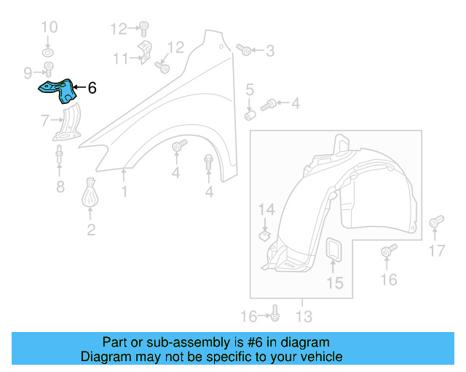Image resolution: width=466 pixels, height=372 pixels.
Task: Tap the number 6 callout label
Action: pyautogui.click(x=92, y=89)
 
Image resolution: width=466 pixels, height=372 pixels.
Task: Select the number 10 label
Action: pyautogui.click(x=48, y=28)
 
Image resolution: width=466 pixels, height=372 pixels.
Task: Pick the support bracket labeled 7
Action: pyautogui.click(x=68, y=124)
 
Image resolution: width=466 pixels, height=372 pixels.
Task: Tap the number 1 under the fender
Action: pyautogui.click(x=124, y=192)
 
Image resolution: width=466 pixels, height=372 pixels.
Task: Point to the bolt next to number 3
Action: pyautogui.click(x=245, y=50)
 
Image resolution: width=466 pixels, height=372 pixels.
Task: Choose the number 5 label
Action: pyautogui.click(x=249, y=90)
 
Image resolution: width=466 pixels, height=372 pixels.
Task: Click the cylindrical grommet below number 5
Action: pyautogui.click(x=250, y=115)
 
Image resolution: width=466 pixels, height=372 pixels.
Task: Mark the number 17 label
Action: pyautogui.click(x=435, y=251)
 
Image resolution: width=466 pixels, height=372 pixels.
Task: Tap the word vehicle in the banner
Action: pyautogui.click(x=321, y=357)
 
